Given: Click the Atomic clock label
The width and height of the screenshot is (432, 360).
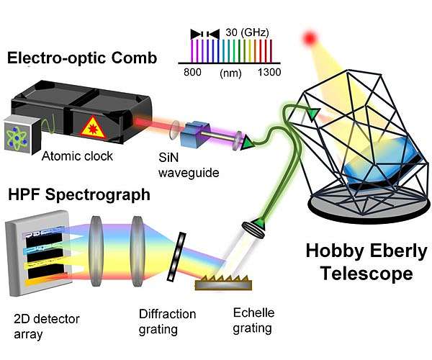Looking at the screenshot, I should click(x=78, y=156).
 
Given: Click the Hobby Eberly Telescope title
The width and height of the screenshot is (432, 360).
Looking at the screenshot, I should click(x=366, y=263).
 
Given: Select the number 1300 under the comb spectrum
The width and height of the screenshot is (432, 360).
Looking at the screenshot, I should click(x=267, y=72).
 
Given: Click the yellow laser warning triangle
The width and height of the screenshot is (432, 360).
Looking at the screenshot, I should click(x=92, y=128).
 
